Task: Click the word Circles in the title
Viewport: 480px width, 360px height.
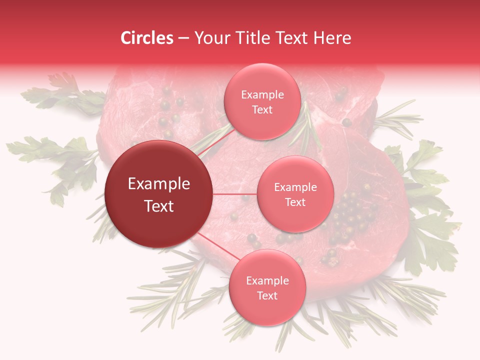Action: [x=147, y=38]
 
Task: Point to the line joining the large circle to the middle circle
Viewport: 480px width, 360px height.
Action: [x=235, y=194]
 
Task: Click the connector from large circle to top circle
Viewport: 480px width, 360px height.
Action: [x=216, y=141]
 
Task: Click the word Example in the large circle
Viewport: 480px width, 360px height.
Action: [x=159, y=184]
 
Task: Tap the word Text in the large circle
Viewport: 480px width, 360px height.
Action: [x=159, y=206]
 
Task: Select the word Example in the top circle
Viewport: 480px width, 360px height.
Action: [x=262, y=95]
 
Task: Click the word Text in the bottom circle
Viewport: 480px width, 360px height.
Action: [x=267, y=295]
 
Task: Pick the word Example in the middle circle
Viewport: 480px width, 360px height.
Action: [x=295, y=187]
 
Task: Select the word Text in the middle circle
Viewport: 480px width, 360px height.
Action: [x=295, y=202]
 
